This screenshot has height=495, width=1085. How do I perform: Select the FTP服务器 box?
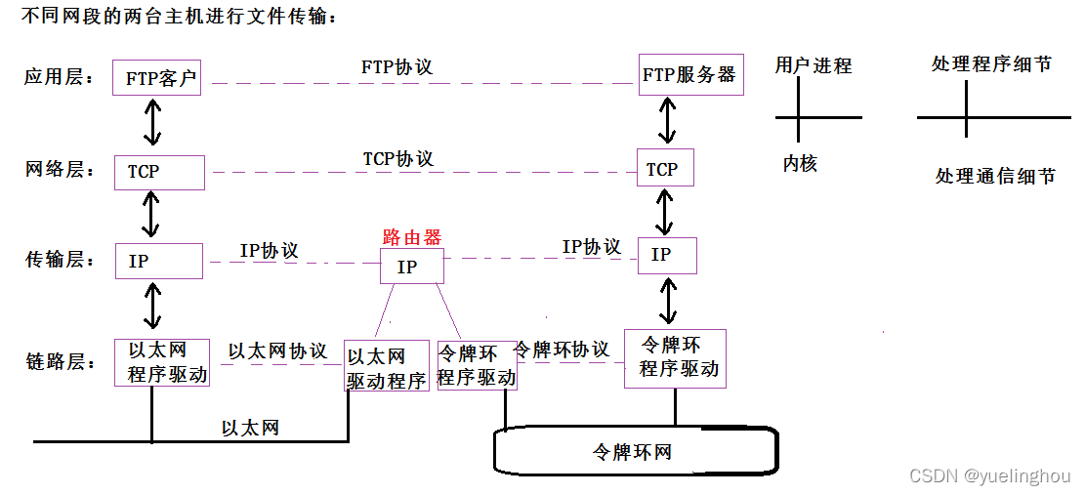(690, 75)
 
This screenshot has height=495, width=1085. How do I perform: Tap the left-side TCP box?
(159, 172)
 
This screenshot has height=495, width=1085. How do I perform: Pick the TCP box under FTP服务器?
(664, 169)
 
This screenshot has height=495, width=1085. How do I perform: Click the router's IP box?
(411, 266)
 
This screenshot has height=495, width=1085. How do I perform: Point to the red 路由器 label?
(411, 237)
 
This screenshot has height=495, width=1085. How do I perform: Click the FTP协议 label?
(396, 67)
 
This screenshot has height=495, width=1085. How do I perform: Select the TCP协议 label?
(397, 158)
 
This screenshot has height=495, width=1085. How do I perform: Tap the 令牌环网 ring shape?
(635, 452)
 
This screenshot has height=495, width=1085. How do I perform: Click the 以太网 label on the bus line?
(250, 428)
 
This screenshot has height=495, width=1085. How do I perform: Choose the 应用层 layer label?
(60, 78)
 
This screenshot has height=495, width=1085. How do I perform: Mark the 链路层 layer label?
(60, 362)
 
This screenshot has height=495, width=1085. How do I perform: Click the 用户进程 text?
(813, 65)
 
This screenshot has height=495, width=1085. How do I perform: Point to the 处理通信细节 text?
(994, 177)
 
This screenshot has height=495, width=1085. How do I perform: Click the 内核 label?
(799, 164)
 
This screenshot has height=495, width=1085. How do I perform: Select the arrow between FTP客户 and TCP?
(151, 123)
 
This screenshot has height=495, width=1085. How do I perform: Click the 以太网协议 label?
(277, 351)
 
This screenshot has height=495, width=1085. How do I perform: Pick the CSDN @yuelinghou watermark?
(989, 475)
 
